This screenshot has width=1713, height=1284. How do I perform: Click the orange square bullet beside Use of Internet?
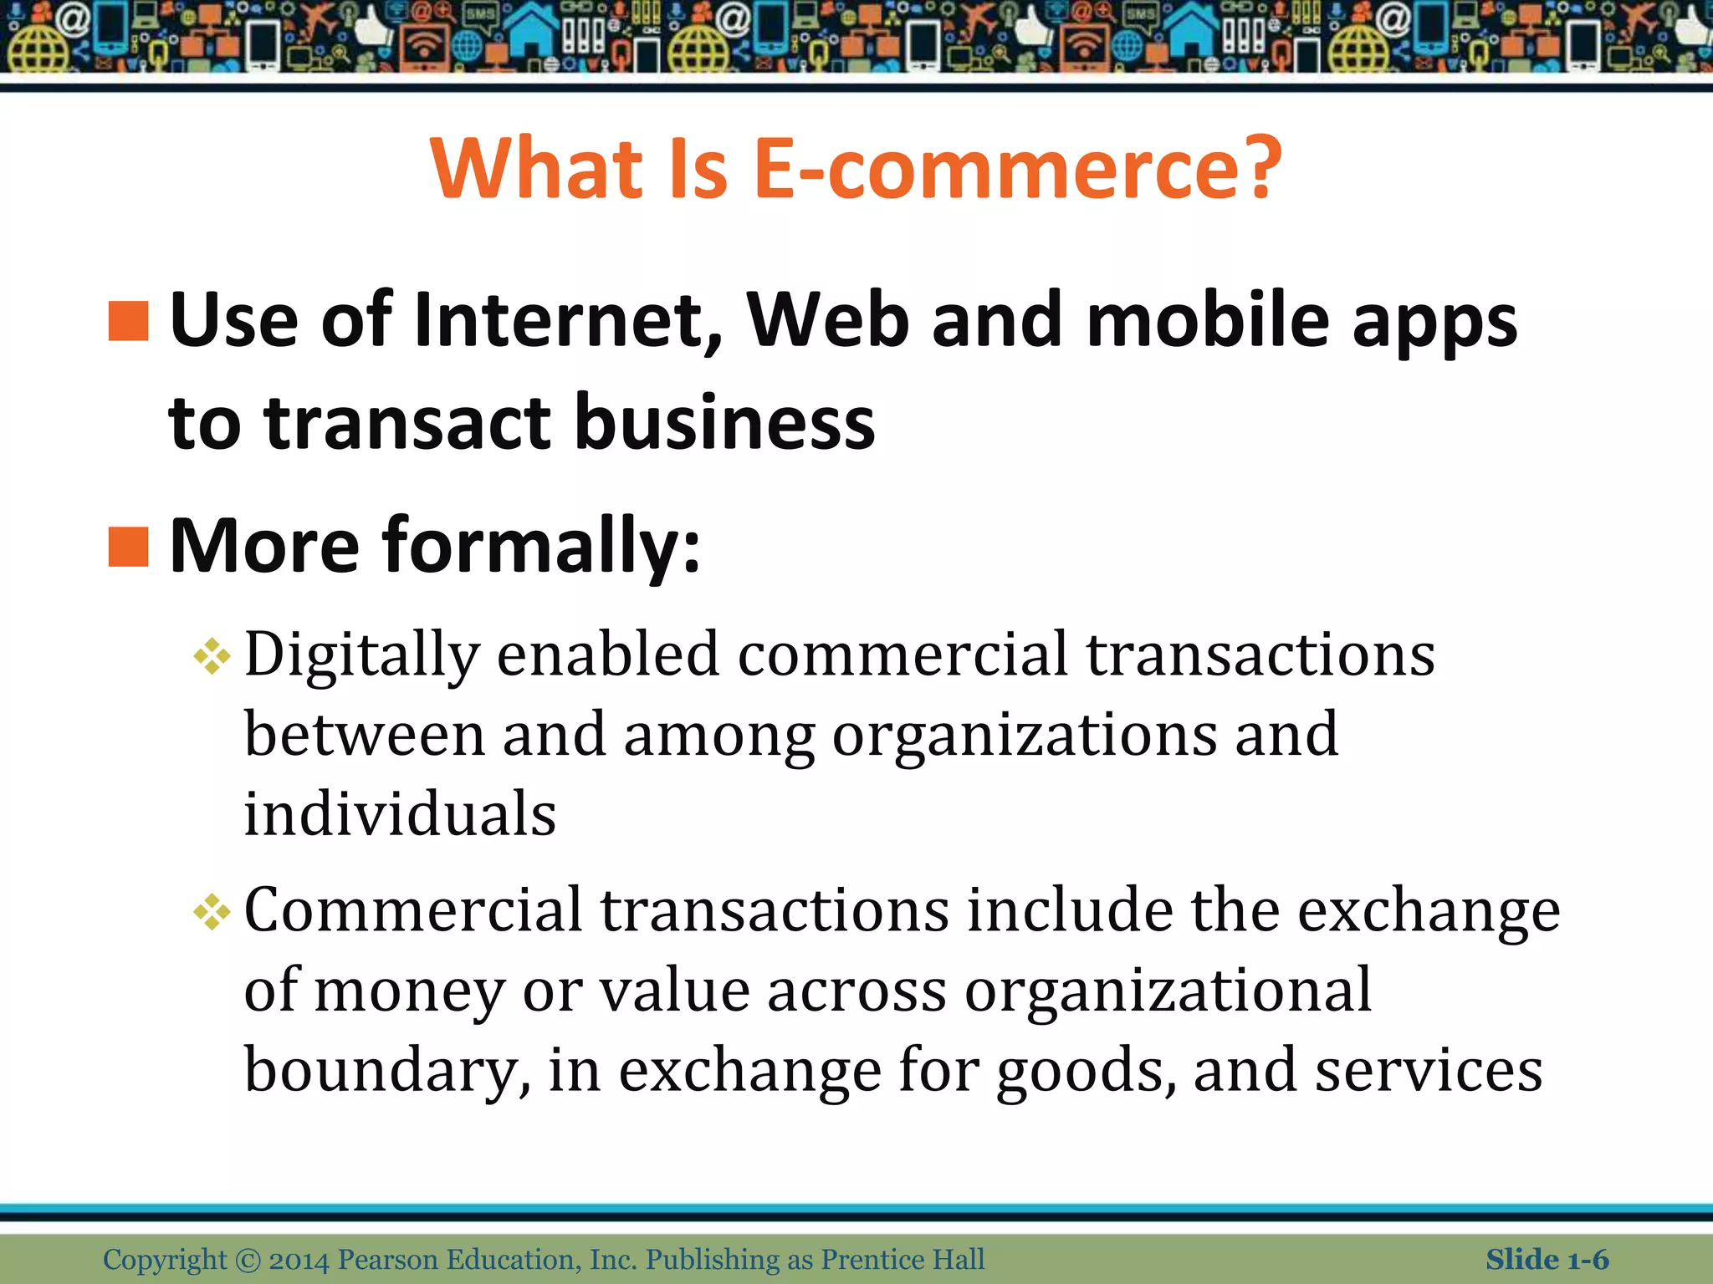click(129, 321)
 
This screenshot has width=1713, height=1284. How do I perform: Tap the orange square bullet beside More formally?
click(129, 546)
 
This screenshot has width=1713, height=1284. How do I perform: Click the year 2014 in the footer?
click(299, 1260)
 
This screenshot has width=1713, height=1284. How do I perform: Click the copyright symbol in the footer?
click(248, 1260)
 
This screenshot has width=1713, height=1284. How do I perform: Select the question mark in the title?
click(1261, 170)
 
